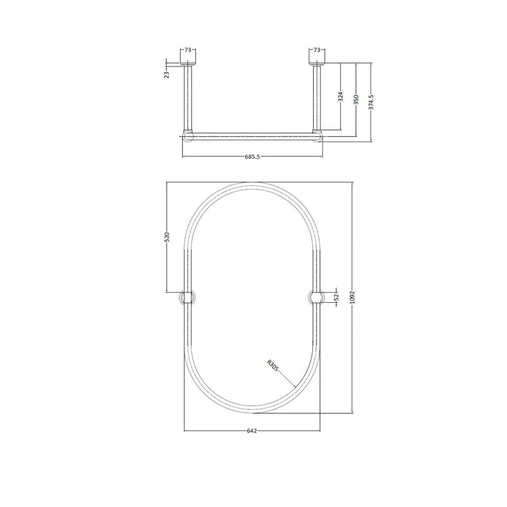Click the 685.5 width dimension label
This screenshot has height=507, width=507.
(x=252, y=156)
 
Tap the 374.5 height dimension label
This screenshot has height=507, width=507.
(x=371, y=102)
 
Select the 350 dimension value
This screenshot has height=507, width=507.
(x=356, y=99)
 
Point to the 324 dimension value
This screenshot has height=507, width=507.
(x=341, y=97)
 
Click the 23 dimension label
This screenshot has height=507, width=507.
(x=167, y=75)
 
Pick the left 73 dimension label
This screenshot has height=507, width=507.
(x=188, y=50)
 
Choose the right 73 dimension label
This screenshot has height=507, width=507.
(x=317, y=50)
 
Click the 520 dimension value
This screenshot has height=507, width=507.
(x=167, y=237)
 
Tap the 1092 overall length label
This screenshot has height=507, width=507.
(x=353, y=297)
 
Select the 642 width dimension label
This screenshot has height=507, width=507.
(x=252, y=431)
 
